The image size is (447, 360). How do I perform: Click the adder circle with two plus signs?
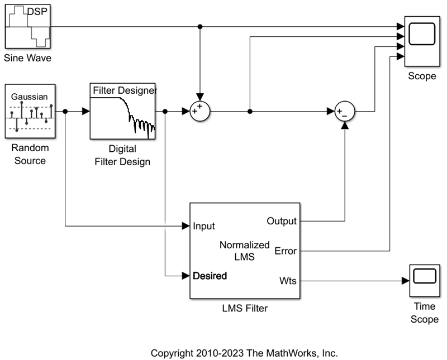click(x=199, y=111)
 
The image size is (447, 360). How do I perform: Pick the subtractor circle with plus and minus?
click(x=345, y=112)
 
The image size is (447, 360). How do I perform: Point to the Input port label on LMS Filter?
click(x=204, y=226)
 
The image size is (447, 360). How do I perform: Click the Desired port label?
click(x=210, y=276)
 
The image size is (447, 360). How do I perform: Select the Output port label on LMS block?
click(x=282, y=222)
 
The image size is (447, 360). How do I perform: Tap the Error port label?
click(x=286, y=251)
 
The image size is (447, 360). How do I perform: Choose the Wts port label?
click(x=288, y=280)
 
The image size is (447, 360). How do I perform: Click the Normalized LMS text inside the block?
click(x=245, y=251)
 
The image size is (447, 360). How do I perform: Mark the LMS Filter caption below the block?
click(x=245, y=308)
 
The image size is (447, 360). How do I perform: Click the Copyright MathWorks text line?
click(x=245, y=353)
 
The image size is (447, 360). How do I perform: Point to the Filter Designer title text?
click(x=124, y=90)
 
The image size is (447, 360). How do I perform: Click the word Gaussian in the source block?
click(x=27, y=97)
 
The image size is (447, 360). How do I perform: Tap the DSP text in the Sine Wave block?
click(x=37, y=11)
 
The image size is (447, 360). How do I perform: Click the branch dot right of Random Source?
click(x=65, y=112)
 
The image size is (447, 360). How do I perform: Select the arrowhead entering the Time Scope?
click(x=405, y=280)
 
